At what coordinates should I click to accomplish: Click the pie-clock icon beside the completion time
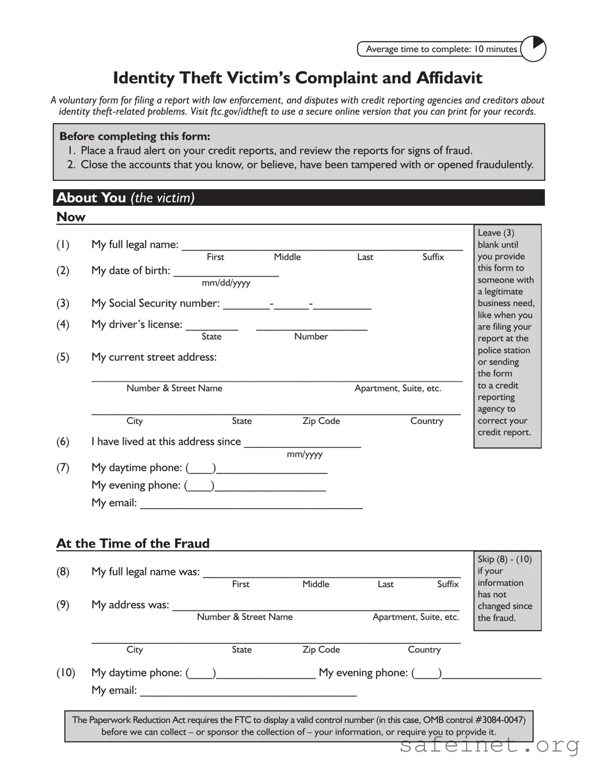533,49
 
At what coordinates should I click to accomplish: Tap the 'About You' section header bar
298,198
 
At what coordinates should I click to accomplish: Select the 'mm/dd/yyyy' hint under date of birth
226,283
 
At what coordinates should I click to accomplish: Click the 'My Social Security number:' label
155,303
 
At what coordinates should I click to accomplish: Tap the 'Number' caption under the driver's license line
311,337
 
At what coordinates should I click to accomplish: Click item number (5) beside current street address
63,357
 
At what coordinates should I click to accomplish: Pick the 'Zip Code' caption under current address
321,421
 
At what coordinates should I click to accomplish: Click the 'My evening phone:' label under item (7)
136,485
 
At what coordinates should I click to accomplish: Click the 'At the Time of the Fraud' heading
133,543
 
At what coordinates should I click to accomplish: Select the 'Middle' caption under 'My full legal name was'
315,584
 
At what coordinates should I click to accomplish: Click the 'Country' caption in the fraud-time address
424,650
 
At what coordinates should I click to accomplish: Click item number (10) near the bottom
65,672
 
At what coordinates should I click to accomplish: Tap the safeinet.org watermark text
489,746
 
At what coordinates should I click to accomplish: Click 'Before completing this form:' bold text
135,136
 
